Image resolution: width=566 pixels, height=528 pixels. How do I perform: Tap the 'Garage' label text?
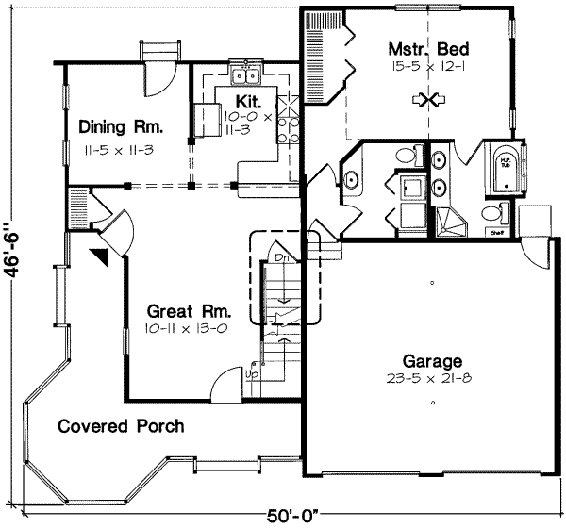click(x=433, y=360)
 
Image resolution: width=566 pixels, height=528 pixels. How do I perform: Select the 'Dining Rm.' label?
click(x=122, y=126)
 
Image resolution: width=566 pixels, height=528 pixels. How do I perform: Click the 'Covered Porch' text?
click(x=121, y=425)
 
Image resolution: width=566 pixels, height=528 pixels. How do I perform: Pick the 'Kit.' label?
click(x=247, y=99)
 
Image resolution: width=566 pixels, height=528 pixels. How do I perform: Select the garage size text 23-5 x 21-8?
click(x=433, y=379)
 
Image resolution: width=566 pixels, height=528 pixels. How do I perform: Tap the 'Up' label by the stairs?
click(x=252, y=374)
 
